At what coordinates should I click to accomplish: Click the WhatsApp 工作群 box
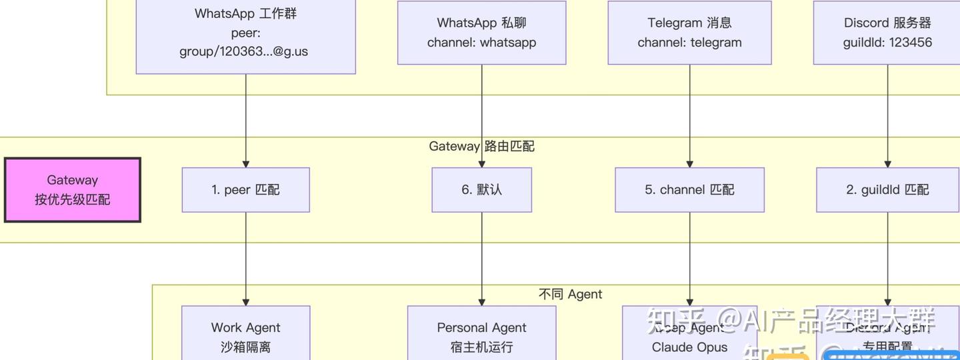(245, 37)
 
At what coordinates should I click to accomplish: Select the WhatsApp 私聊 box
(481, 33)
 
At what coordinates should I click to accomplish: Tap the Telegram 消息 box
(689, 33)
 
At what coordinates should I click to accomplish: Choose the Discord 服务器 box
(887, 33)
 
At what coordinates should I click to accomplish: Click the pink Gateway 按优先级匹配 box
(73, 190)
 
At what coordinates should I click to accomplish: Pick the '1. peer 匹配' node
(245, 190)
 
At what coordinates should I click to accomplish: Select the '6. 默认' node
(481, 190)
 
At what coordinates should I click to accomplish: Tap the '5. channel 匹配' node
(689, 190)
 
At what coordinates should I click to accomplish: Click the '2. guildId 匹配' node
(887, 190)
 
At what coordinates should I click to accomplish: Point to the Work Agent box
(245, 333)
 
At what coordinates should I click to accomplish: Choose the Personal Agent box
(481, 333)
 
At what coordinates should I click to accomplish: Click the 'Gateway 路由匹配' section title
(481, 146)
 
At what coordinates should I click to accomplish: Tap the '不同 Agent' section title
(570, 294)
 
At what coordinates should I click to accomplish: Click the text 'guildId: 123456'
(887, 43)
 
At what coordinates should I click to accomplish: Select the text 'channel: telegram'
(689, 43)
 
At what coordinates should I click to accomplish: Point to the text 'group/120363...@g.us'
(243, 51)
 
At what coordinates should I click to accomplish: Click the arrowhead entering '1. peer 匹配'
(246, 163)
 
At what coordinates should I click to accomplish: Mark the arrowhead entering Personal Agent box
(482, 302)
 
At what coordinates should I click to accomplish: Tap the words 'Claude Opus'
(689, 347)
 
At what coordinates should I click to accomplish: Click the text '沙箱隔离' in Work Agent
(245, 347)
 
